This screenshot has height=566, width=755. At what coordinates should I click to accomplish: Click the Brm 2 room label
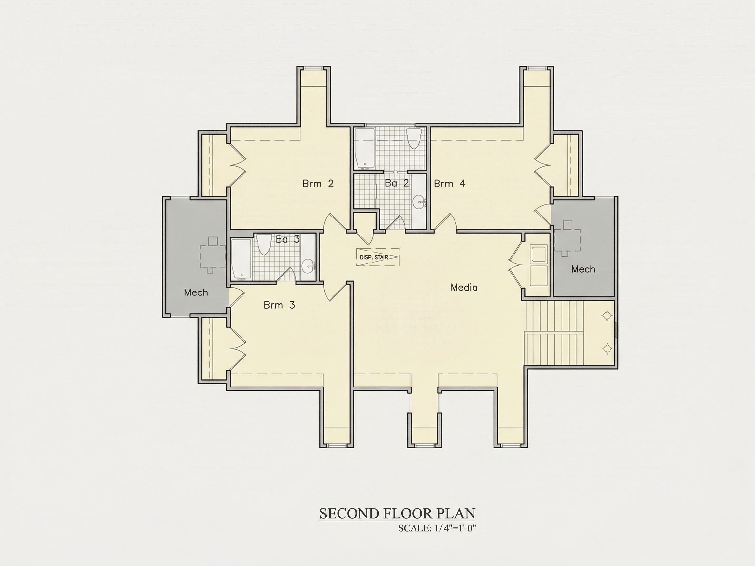tap(318, 184)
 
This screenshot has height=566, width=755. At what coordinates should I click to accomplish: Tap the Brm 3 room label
tap(279, 305)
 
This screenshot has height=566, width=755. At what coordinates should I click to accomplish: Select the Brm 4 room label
tap(449, 184)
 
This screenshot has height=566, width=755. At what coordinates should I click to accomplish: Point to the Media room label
tap(464, 287)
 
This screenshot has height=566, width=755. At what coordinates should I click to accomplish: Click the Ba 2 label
tap(397, 183)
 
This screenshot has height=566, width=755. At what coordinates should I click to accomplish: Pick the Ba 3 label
tap(287, 239)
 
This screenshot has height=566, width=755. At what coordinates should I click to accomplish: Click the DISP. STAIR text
tap(374, 257)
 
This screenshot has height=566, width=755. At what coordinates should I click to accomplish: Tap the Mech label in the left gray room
tap(196, 292)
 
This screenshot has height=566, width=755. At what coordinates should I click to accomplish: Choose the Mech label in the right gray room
tap(583, 269)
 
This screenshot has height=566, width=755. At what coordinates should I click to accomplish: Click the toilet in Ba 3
tap(263, 244)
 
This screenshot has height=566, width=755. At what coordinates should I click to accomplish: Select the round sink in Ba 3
tap(308, 265)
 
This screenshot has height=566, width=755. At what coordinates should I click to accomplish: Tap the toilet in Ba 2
tap(414, 139)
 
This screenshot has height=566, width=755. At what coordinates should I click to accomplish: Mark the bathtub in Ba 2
tap(364, 148)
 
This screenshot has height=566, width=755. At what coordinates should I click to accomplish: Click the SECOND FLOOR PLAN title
tap(397, 514)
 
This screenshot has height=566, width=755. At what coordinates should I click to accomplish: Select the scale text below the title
tap(437, 528)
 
